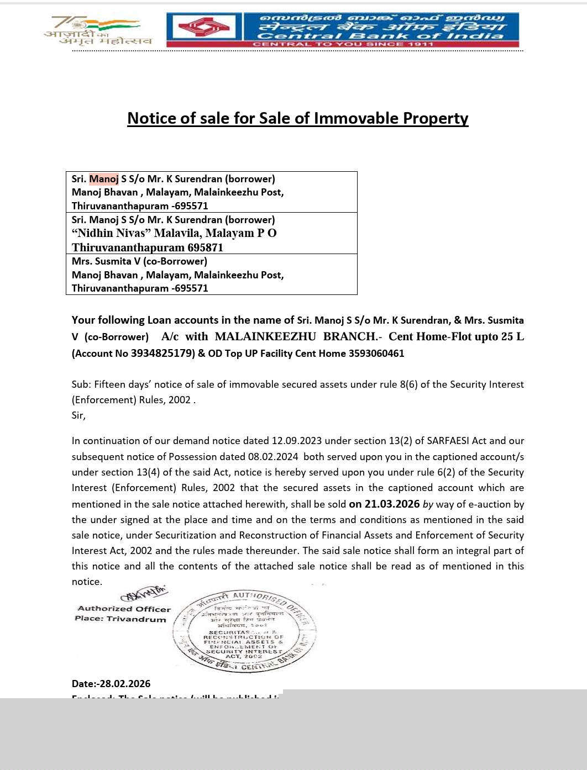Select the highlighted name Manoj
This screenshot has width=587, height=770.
[104, 179]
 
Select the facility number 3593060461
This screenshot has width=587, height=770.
[376, 354]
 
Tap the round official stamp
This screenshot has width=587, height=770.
[244, 631]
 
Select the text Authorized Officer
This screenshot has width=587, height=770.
[124, 609]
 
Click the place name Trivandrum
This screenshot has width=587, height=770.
[136, 619]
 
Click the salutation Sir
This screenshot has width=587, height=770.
[78, 415]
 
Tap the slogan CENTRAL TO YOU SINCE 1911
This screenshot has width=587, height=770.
[343, 44]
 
